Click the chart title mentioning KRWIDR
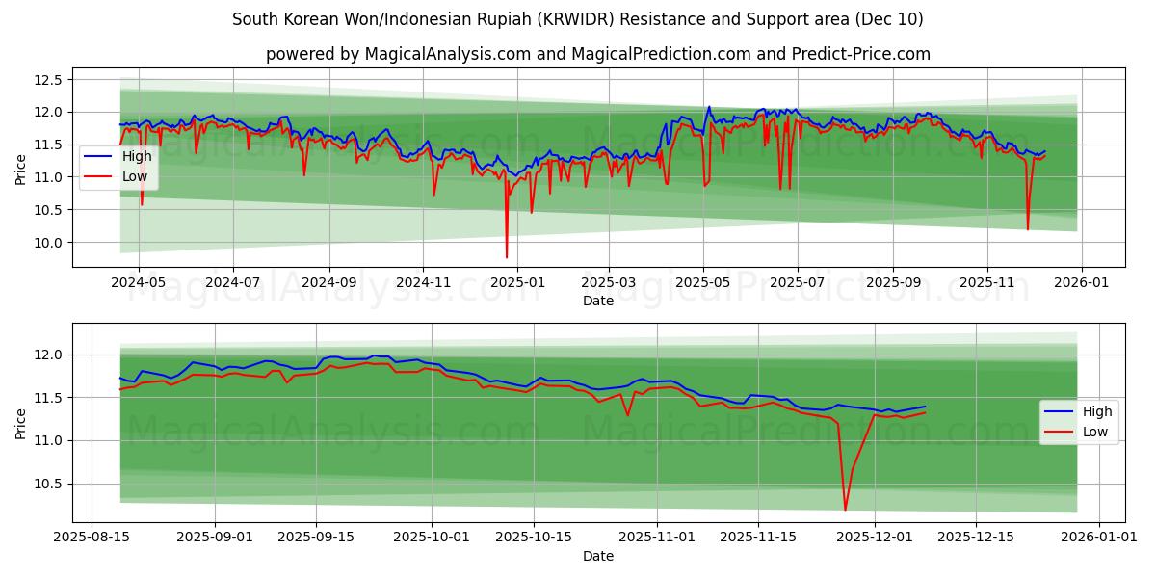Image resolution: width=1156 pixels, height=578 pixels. point(578,19)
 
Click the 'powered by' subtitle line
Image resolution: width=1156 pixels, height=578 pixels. point(597,54)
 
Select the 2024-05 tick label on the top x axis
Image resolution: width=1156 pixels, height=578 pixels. point(139,283)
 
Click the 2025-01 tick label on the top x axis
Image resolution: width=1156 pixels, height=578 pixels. point(516,283)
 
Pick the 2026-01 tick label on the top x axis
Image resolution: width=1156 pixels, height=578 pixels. point(1082,283)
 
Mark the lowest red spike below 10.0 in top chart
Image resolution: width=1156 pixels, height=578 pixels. point(507,256)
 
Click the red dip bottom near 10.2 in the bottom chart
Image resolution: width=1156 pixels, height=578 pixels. point(845,510)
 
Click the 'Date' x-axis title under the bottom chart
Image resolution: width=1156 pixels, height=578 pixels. point(597,557)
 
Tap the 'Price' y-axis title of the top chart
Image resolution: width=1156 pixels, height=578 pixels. point(21,168)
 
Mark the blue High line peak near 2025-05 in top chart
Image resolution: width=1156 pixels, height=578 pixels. point(709,107)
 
